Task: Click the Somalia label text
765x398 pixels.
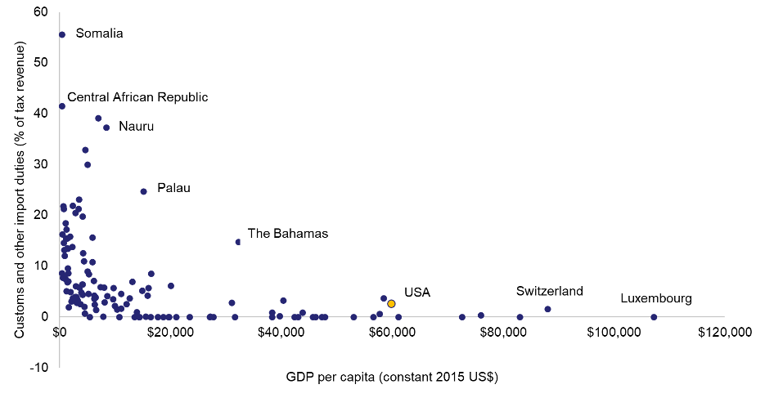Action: [99, 34]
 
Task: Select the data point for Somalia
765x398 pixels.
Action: [61, 34]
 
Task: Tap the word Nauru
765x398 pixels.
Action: [136, 127]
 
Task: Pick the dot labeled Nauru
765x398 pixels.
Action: [106, 127]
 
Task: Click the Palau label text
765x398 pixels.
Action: [173, 188]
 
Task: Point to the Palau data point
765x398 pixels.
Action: [143, 191]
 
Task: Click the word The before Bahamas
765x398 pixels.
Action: [259, 234]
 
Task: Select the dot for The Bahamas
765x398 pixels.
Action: [238, 242]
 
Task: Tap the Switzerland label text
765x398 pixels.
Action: [549, 291]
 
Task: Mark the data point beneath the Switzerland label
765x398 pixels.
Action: [547, 309]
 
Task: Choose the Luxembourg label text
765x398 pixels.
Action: [655, 298]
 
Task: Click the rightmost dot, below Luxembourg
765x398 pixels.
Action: [654, 316]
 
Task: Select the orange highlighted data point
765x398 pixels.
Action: [391, 304]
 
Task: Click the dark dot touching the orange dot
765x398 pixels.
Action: [384, 298]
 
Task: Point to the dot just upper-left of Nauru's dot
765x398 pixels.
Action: [98, 119]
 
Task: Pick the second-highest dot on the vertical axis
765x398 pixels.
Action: [61, 106]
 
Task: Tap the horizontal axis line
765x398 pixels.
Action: [491, 317]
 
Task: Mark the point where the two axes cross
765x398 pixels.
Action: [60, 317]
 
